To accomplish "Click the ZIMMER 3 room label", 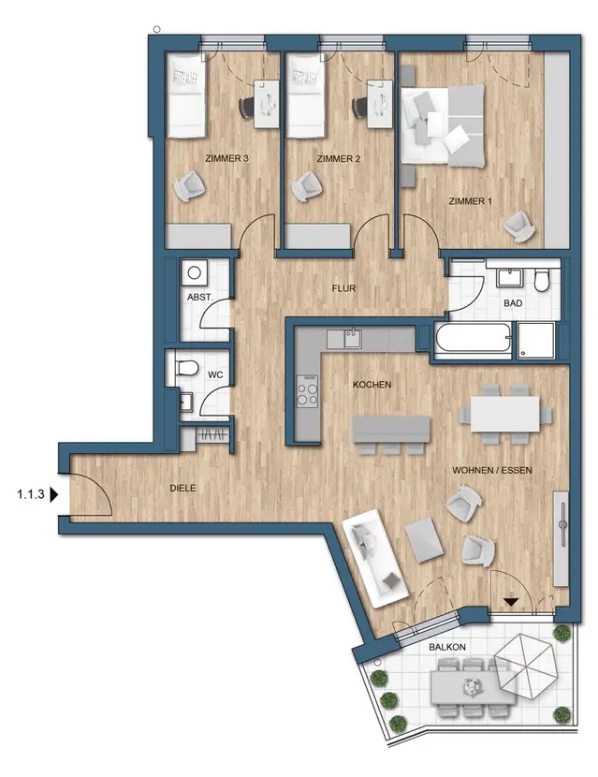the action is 226,158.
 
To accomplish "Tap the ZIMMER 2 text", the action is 339,158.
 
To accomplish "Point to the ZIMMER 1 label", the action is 470,201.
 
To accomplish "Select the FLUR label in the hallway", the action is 343,288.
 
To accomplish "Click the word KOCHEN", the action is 372,384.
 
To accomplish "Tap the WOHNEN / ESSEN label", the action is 492,470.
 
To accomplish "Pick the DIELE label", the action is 182,488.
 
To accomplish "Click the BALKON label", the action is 447,647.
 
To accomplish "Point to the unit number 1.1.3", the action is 31,494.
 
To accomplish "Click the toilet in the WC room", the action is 185,368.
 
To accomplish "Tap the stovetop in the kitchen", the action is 307,390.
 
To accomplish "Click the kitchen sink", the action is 353,339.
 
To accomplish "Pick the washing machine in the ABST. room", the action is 195,272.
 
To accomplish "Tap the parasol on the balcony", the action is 526,666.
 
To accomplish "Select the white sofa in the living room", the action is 375,559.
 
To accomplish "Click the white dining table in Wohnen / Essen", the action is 504,414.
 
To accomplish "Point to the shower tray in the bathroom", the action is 536,340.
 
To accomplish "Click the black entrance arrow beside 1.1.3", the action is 54,494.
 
